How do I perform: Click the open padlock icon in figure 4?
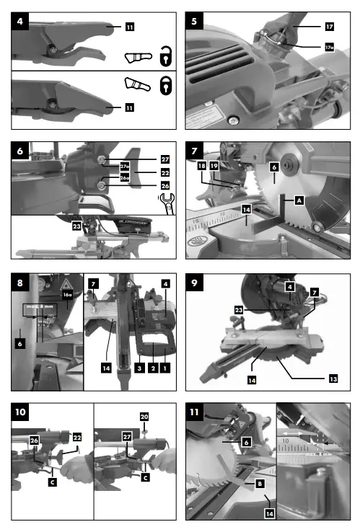click(164, 56)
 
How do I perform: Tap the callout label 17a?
click(329, 48)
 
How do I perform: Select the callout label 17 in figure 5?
click(329, 26)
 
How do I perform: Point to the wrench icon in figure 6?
click(166, 205)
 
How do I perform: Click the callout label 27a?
click(125, 167)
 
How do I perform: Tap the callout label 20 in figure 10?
click(144, 417)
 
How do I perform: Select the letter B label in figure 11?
click(259, 485)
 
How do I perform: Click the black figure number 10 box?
click(23, 413)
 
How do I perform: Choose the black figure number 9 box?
click(196, 283)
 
